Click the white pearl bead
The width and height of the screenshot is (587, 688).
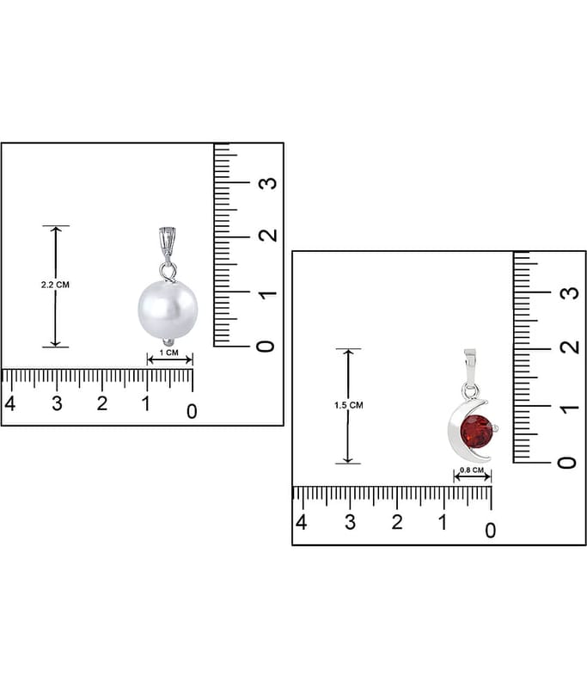point(168,309)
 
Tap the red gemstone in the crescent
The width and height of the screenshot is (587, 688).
point(476,432)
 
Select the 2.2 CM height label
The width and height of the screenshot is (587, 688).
point(55,285)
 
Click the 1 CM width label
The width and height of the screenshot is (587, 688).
point(169,353)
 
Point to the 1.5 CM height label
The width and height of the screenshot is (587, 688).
point(349,405)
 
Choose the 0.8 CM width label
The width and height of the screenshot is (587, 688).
point(472,470)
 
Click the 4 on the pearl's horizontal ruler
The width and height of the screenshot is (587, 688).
point(10,403)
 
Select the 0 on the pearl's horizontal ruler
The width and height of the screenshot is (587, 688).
point(192,412)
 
